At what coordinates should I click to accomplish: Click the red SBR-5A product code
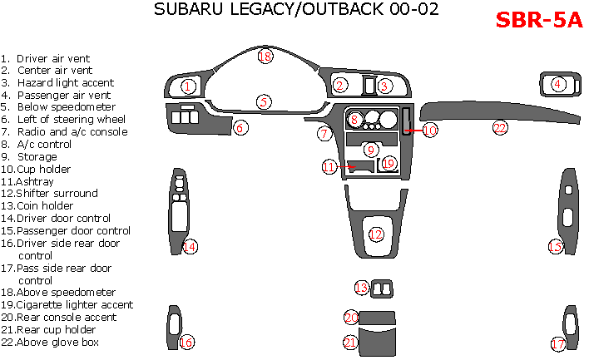(539, 20)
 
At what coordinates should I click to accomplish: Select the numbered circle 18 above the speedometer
(265, 57)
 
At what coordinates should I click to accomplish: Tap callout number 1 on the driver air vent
(189, 86)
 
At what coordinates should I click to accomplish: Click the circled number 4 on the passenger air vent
(557, 83)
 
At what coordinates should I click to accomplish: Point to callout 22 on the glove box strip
(500, 127)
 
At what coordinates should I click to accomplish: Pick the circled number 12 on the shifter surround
(376, 234)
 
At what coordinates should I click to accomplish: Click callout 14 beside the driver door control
(191, 246)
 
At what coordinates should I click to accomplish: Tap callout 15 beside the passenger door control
(555, 246)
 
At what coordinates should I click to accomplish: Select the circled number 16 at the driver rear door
(186, 343)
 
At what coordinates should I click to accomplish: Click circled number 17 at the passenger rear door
(558, 343)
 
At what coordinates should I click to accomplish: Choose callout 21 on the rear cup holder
(351, 342)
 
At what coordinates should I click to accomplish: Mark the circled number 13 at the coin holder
(361, 288)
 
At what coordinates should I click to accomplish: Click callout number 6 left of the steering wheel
(239, 127)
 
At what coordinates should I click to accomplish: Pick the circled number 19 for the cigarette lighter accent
(389, 164)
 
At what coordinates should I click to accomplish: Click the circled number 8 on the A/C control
(354, 120)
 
